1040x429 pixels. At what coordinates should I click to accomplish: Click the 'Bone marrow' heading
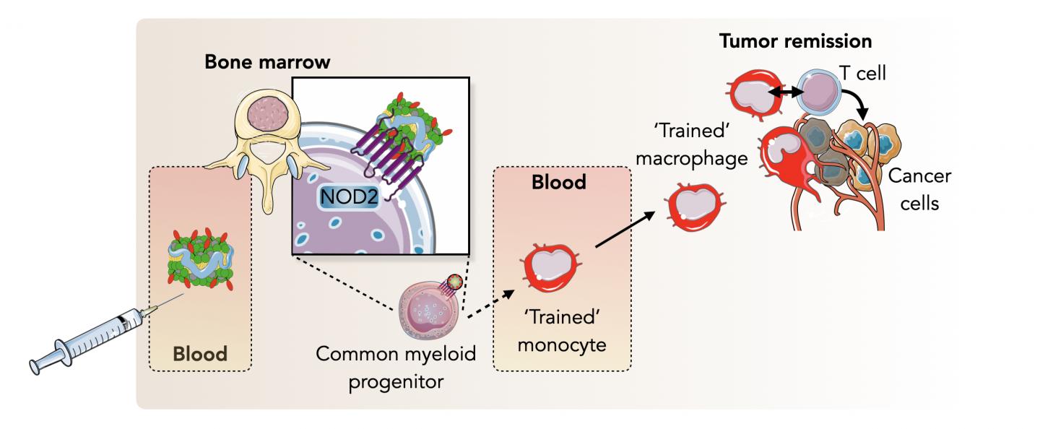[267, 62]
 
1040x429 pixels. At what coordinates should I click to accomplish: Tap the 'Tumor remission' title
[795, 40]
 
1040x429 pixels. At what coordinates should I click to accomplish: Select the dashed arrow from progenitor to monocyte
[491, 304]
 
